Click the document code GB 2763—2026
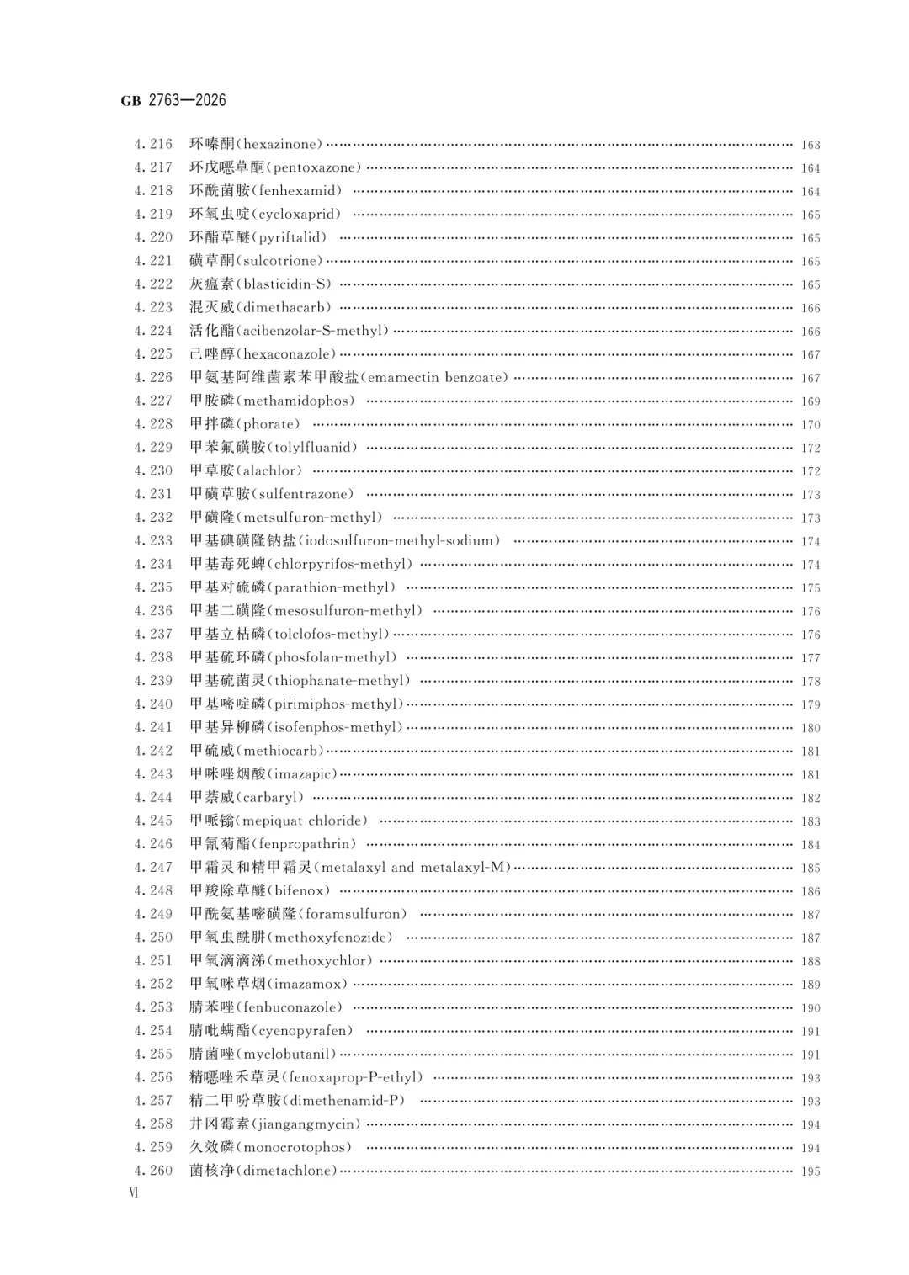(173, 100)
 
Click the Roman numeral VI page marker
(132, 1193)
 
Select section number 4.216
(152, 144)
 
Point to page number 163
(810, 145)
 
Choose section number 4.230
(152, 470)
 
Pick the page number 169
(810, 401)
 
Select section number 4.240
(152, 704)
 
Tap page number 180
(810, 728)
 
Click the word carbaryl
(272, 797)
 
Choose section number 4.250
(152, 937)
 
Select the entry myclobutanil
(289, 1054)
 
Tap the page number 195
(810, 1171)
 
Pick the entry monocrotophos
(297, 1146)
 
